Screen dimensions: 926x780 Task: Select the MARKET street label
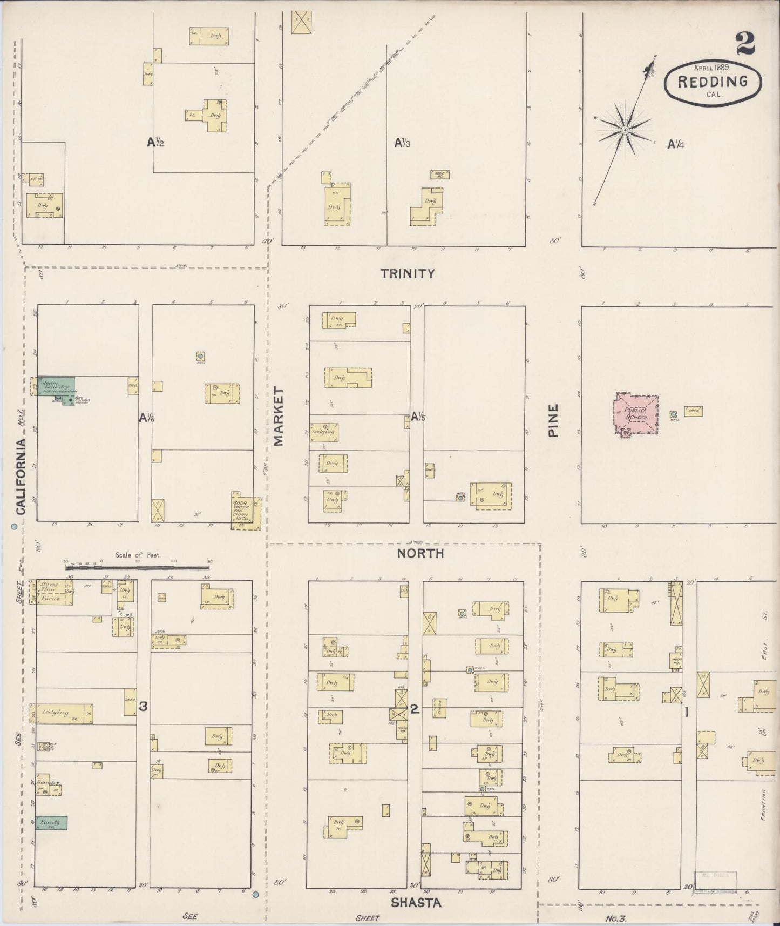279,416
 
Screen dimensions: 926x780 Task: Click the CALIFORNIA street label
20,476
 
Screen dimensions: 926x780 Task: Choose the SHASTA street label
416,903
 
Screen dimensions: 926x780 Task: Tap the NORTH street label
420,553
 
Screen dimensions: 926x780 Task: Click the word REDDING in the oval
713,82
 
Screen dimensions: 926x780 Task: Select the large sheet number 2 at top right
744,43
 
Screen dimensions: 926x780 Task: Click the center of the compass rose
625,130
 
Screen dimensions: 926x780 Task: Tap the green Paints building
52,822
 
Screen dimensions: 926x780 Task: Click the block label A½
155,143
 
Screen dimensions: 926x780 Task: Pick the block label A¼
676,144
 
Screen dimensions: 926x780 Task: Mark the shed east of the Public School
693,411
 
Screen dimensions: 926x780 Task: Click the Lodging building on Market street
324,432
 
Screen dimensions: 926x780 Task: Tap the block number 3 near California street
143,706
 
